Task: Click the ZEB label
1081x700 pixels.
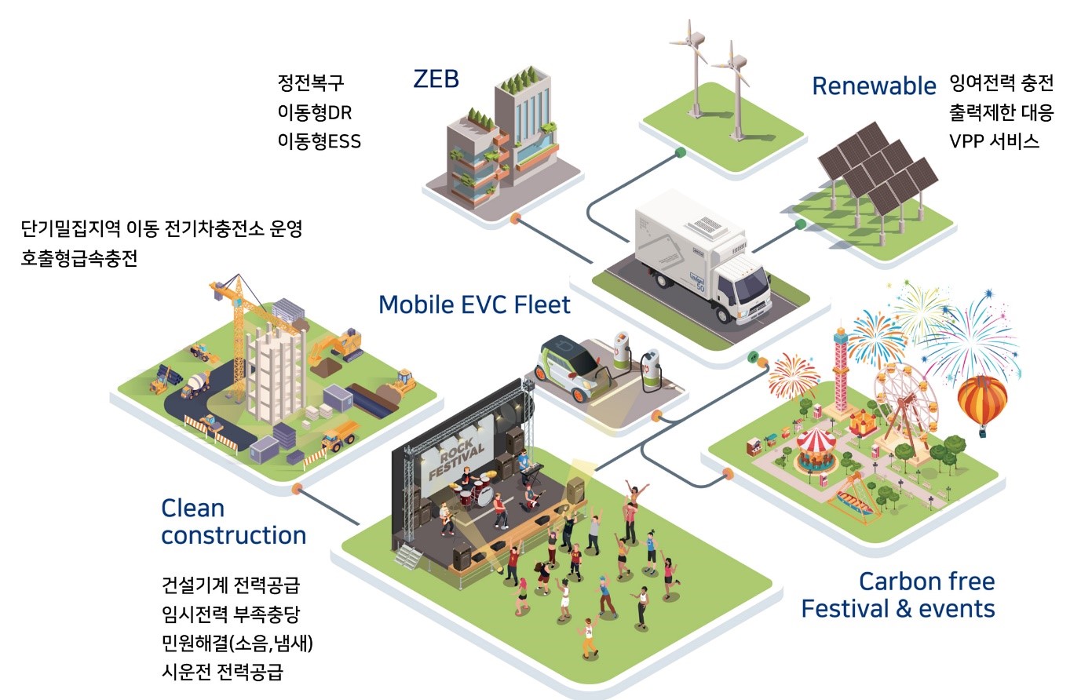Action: pos(436,79)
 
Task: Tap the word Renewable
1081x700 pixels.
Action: pos(874,86)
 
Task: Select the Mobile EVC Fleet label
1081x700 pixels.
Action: pos(474,304)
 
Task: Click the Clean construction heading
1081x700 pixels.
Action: pos(233,522)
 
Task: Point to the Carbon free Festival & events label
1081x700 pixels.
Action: pos(898,595)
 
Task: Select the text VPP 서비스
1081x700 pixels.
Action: pos(994,141)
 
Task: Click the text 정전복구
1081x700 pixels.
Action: pos(311,82)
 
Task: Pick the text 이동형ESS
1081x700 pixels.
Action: pos(319,141)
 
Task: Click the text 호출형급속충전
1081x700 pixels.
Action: pos(79,258)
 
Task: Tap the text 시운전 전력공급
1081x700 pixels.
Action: pos(222,672)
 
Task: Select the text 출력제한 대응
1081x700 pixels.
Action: pos(1001,112)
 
